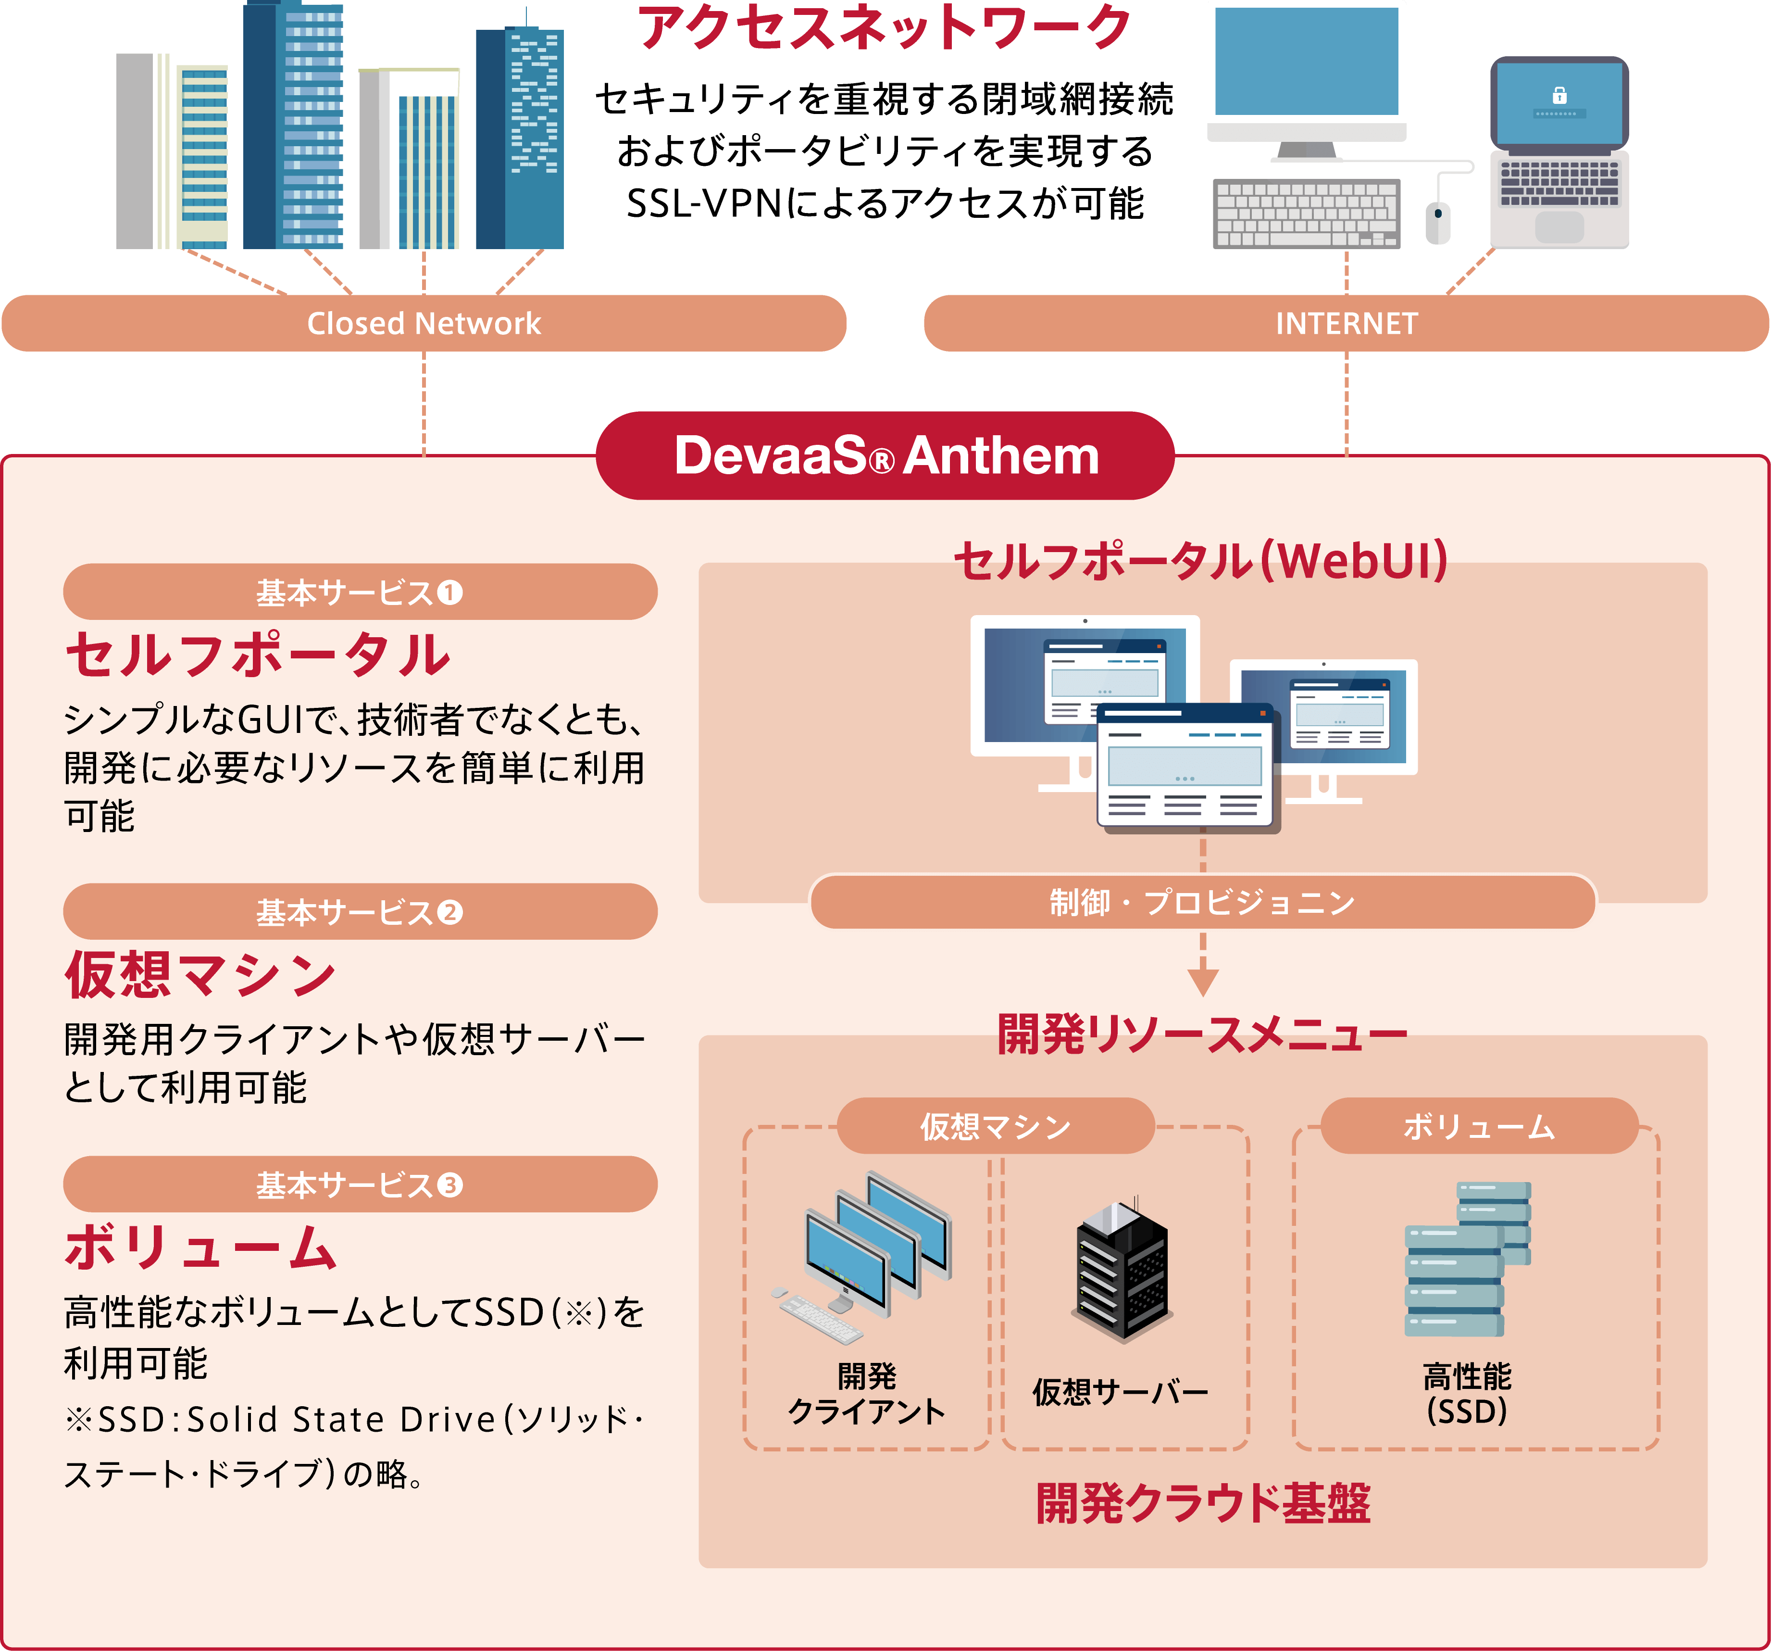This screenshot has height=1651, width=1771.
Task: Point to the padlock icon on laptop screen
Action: click(1559, 95)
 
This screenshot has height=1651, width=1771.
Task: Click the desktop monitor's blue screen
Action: click(1306, 61)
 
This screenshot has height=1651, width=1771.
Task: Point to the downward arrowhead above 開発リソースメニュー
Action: click(1203, 982)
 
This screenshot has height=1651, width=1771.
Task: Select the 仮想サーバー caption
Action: click(1120, 1392)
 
